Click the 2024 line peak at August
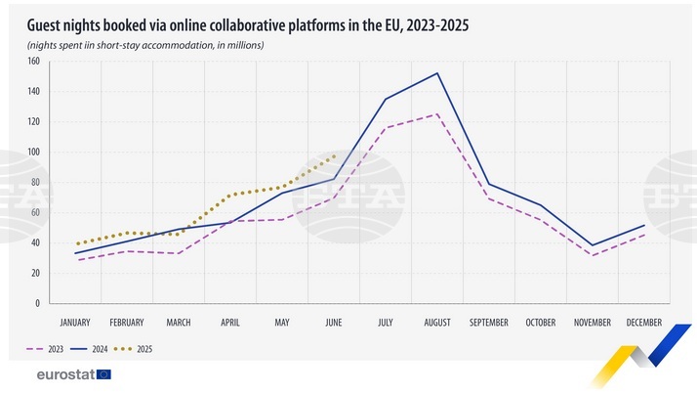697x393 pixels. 437,73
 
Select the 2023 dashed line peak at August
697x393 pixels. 437,113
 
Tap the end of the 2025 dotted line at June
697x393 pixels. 334,155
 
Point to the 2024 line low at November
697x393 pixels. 593,245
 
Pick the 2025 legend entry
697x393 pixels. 138,348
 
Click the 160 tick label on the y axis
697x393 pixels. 33,62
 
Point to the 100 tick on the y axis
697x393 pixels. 33,153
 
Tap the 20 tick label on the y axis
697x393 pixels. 35,273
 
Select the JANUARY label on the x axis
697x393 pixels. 75,323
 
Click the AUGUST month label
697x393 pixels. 437,323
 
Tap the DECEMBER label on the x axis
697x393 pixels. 644,323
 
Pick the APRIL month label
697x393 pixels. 230,323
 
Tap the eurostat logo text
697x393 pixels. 64,373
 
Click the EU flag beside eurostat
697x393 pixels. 103,373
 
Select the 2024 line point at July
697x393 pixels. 386,99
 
